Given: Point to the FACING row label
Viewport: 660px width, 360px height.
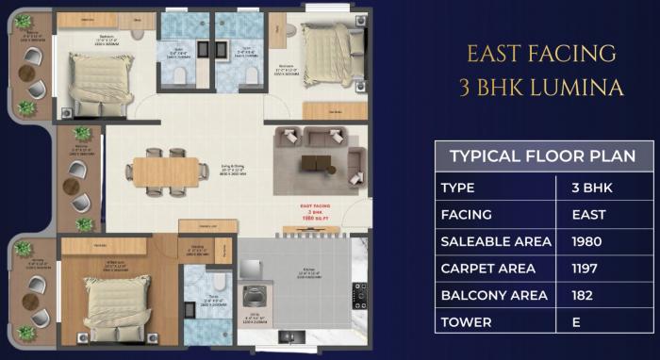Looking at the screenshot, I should [x=469, y=215].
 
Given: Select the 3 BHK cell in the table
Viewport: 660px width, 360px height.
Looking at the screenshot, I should [x=591, y=188].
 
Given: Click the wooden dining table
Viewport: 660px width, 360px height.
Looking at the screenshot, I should [x=165, y=172].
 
